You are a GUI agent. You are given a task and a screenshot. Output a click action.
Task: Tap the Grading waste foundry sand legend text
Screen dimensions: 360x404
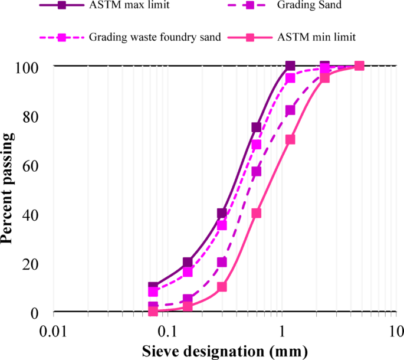155,37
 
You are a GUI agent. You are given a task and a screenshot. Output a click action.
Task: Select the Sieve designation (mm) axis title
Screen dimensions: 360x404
225,351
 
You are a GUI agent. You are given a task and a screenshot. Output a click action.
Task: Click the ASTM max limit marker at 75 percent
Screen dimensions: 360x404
256,127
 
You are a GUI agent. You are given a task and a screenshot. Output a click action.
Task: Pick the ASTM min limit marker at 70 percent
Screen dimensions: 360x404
290,139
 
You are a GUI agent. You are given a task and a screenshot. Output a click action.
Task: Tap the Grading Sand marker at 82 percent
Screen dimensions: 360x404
290,110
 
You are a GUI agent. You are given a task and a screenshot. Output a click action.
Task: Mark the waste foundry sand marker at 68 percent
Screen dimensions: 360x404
256,144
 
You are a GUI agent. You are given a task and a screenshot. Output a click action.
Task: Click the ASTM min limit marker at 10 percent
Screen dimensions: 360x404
222,287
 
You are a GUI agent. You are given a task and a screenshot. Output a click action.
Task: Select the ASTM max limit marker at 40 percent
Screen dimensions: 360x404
222,213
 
